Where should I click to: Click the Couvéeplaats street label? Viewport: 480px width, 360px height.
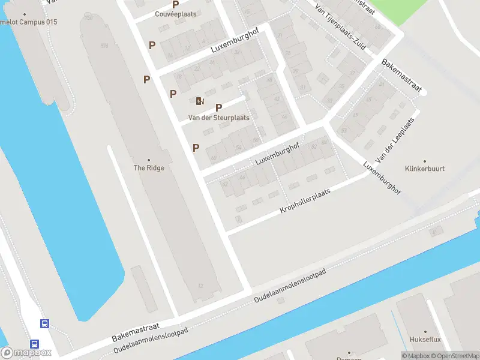click(176, 14)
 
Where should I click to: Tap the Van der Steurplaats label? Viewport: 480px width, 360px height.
click(218, 118)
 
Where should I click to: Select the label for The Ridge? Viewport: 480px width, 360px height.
click(149, 168)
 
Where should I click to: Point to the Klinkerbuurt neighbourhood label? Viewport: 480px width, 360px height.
click(425, 169)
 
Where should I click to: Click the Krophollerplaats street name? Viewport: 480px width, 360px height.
click(305, 202)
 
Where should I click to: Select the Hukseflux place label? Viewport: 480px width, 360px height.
click(425, 340)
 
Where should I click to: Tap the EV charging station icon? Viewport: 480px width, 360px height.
click(200, 101)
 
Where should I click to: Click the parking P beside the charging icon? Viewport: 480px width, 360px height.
click(218, 107)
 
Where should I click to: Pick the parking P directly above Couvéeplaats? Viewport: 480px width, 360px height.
click(176, 4)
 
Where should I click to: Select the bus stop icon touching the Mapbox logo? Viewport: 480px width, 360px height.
click(35, 344)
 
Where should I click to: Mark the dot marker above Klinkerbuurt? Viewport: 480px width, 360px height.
click(425, 161)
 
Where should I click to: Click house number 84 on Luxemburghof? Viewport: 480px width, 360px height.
click(325, 142)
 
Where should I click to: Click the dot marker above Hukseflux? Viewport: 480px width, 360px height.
click(425, 331)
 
